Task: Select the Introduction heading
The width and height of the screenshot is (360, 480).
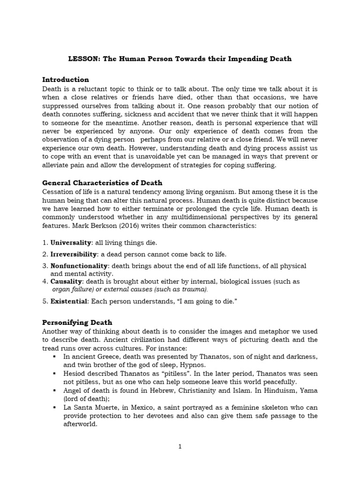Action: (x=66, y=79)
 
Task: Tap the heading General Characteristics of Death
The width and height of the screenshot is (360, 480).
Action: (x=102, y=182)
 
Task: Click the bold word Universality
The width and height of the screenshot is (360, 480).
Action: (x=70, y=242)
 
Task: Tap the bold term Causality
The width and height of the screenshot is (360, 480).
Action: (x=66, y=281)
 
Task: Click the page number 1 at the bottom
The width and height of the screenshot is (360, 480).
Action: (x=180, y=447)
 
